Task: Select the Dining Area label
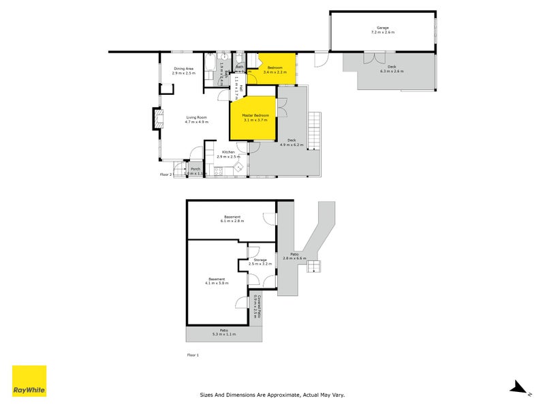coord(184,70)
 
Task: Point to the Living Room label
coord(197,119)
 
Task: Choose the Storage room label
coord(260,261)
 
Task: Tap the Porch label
coord(196,171)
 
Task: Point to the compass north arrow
coord(519,389)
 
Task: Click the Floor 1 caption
coord(193,355)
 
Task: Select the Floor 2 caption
coord(166,175)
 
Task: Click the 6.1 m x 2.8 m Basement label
coord(232,219)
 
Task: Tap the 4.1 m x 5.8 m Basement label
coord(217,280)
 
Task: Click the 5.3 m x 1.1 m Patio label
coord(223,332)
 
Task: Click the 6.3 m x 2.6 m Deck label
coord(392,70)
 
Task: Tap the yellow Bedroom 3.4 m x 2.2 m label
coord(275,69)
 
